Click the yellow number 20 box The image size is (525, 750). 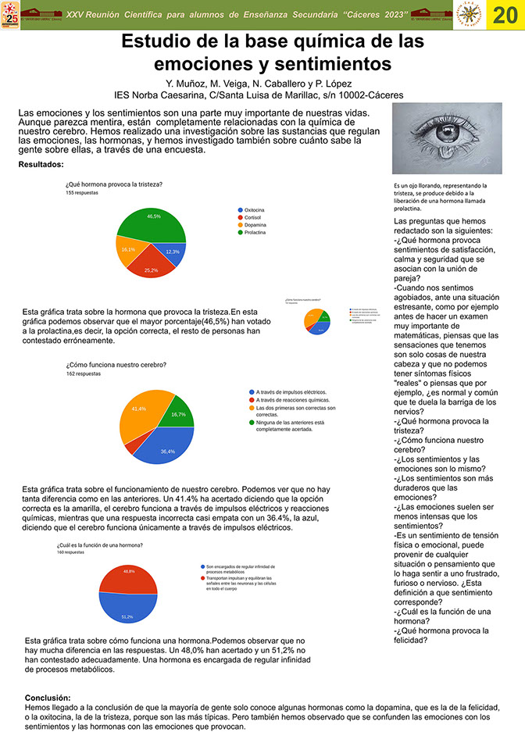(x=505, y=15)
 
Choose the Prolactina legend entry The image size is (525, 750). (x=255, y=233)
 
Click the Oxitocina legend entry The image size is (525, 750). (x=255, y=210)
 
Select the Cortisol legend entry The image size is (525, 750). (x=253, y=218)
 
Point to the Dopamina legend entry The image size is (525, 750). (x=255, y=225)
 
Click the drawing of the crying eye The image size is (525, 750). (x=447, y=139)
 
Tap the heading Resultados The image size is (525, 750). (x=41, y=165)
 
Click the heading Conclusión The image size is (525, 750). (x=48, y=698)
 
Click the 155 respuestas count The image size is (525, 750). (x=82, y=192)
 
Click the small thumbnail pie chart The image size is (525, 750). (x=317, y=320)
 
